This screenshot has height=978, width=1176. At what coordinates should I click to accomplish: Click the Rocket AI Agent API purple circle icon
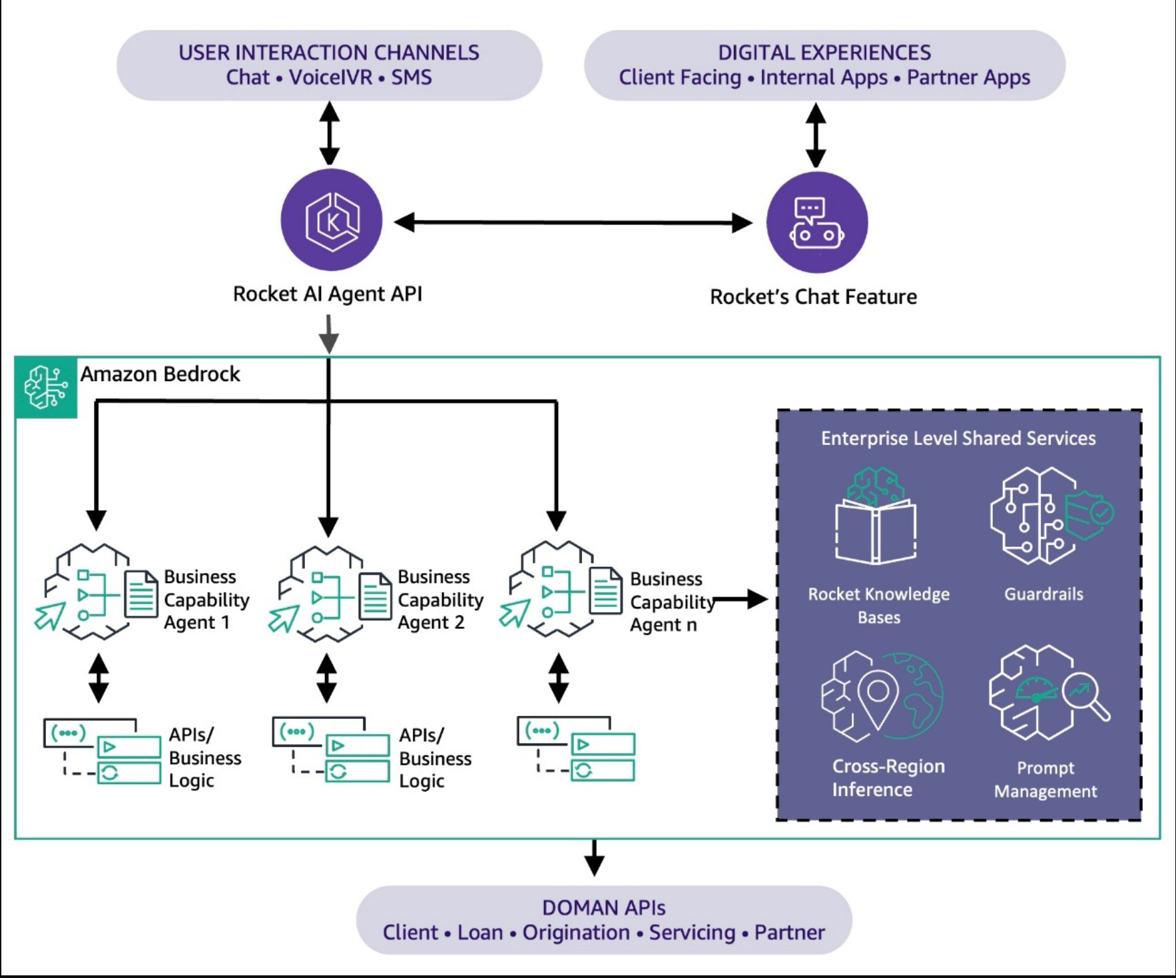point(331,220)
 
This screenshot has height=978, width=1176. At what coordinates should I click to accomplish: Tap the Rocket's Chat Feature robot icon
point(817,222)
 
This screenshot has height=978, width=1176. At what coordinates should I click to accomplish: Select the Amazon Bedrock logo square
point(46,388)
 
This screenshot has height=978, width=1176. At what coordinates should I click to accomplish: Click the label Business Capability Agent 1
point(206,600)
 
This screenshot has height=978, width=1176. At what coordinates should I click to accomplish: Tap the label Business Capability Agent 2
point(440,600)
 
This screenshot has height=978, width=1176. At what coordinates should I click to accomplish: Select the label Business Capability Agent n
point(672,602)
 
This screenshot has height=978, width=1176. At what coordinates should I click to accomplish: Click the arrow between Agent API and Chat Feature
point(573,223)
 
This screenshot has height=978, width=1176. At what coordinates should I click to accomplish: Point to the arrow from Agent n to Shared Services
point(741,600)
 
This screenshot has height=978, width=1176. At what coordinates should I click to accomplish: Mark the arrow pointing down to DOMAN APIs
point(594,858)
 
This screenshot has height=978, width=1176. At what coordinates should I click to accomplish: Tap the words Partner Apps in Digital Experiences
point(968,78)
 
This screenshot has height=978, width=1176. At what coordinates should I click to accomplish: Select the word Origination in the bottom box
point(576,932)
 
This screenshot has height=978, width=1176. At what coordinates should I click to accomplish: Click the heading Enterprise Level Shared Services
point(958,438)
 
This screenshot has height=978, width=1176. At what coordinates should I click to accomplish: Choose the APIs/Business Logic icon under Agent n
point(576,749)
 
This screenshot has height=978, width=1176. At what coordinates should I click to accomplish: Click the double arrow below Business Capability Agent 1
point(99,678)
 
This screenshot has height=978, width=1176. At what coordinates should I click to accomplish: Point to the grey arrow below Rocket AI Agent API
point(329,334)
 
